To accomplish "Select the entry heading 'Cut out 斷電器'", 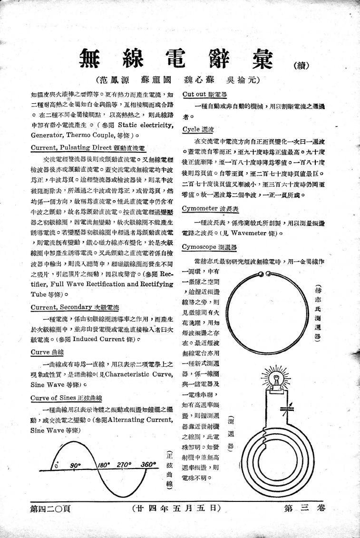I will (x=201, y=94).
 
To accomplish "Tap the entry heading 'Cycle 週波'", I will (x=198, y=129).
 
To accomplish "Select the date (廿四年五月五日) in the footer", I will (x=176, y=508).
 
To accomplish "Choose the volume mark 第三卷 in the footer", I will (x=304, y=508).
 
